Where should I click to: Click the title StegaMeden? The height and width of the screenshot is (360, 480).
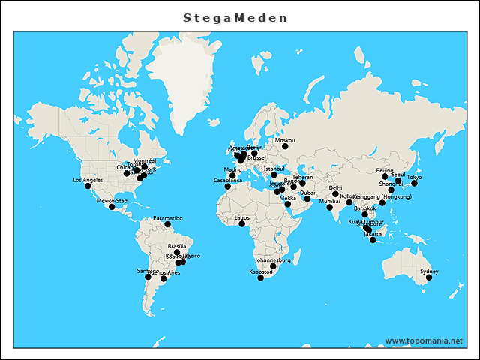pyautogui.click(x=235, y=17)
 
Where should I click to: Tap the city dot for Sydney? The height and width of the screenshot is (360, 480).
pyautogui.click(x=429, y=277)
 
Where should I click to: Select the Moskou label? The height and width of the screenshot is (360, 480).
pyautogui.click(x=285, y=140)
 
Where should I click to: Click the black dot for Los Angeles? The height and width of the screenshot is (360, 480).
pyautogui.click(x=88, y=186)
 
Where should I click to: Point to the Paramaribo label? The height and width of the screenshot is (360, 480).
pyautogui.click(x=167, y=218)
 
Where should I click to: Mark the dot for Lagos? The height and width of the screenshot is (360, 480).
pyautogui.click(x=241, y=223)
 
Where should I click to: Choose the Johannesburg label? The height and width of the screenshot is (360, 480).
pyautogui.click(x=272, y=259)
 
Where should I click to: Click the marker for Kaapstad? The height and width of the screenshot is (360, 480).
pyautogui.click(x=260, y=277)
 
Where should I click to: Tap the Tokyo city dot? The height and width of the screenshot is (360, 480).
pyautogui.click(x=414, y=183)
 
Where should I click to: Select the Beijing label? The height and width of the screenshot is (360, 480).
pyautogui.click(x=385, y=170)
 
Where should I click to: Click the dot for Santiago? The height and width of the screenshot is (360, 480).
pyautogui.click(x=148, y=277)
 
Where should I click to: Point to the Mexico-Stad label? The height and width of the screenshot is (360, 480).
pyautogui.click(x=112, y=201)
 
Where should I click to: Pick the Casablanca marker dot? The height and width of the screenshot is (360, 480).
pyautogui.click(x=227, y=186)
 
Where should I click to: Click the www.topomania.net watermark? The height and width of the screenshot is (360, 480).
pyautogui.click(x=424, y=340)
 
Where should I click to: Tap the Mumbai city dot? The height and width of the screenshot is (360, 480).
pyautogui.click(x=329, y=207)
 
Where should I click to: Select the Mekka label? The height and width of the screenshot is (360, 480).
pyautogui.click(x=288, y=198)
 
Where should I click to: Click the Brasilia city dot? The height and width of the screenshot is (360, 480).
pyautogui.click(x=177, y=253)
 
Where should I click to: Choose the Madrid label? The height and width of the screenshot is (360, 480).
pyautogui.click(x=232, y=169)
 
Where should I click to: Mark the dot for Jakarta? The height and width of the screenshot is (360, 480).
pyautogui.click(x=373, y=239)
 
